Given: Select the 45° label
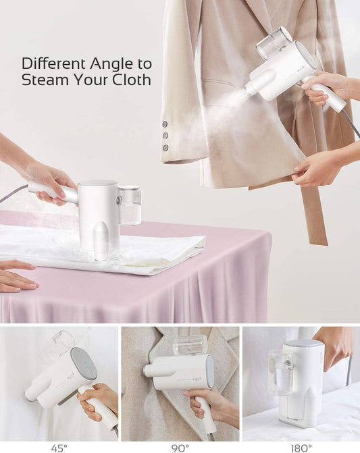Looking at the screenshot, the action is [59, 448].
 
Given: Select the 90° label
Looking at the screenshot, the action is [180, 448].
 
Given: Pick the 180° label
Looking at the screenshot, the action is [301, 448].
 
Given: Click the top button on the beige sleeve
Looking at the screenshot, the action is [165, 124].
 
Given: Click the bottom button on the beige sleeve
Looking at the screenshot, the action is [165, 148].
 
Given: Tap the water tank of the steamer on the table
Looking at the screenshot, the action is [130, 205].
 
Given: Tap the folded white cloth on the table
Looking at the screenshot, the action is [104, 249].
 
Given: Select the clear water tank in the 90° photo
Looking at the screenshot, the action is [190, 346].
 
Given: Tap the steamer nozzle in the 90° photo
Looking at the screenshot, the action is [148, 369].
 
